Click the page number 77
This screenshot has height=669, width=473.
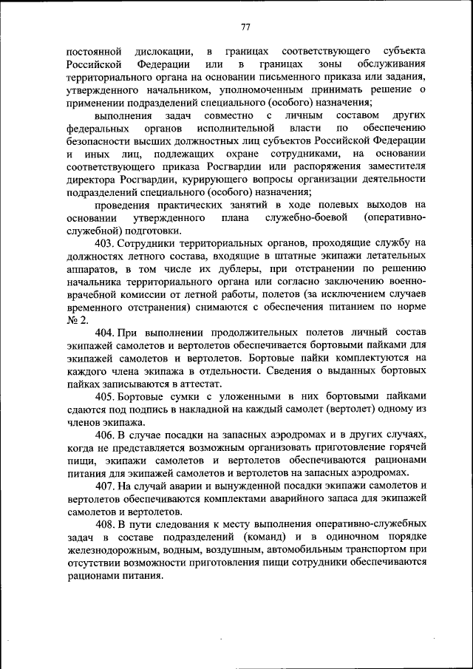tap(245, 27)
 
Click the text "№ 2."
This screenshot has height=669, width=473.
tap(78, 319)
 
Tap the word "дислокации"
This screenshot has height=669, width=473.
tap(165, 51)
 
